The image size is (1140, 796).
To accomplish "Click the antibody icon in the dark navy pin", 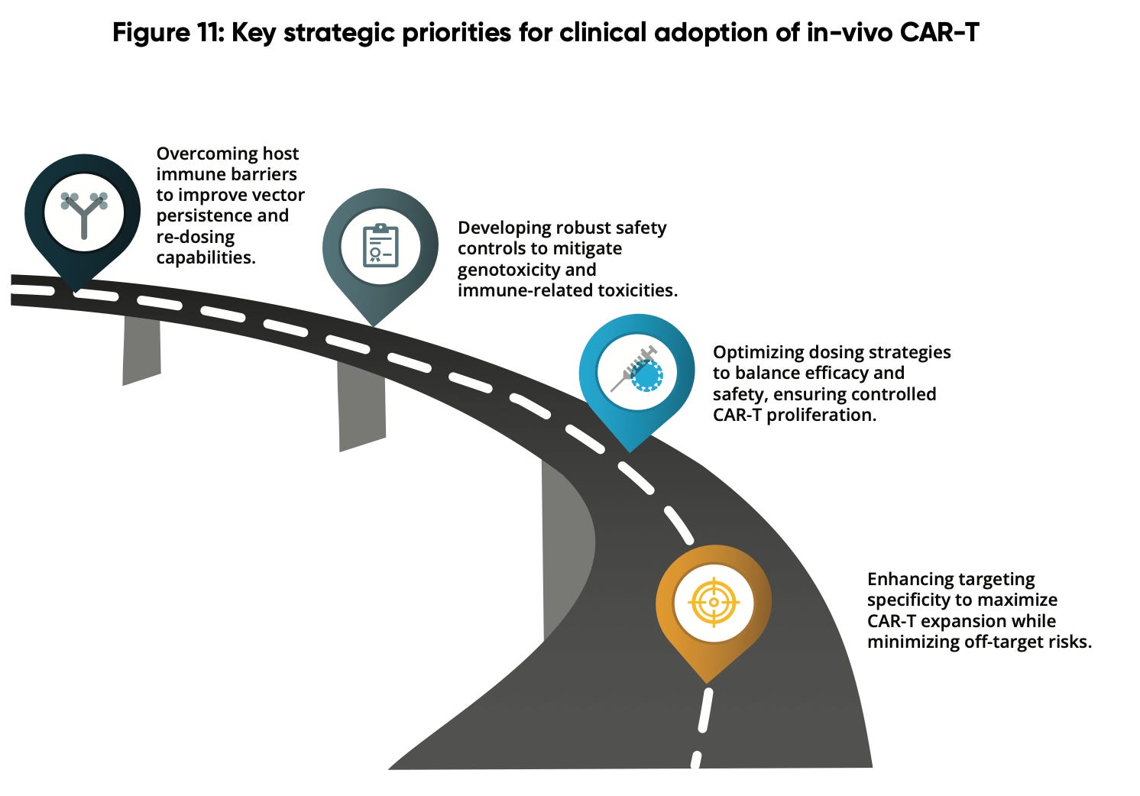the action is [84, 214].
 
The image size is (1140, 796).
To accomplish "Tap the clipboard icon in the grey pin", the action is [381, 246].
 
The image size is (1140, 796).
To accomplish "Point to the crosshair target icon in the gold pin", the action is [714, 602].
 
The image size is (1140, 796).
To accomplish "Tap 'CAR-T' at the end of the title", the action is [939, 33].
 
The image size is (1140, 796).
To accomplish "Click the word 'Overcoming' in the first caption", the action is [206, 154].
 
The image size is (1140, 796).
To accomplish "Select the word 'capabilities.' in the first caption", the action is [206, 257].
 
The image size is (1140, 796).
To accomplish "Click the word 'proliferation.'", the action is [821, 415].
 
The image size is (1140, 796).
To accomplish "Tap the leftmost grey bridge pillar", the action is [141, 350].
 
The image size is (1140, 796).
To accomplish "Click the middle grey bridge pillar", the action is [362, 406].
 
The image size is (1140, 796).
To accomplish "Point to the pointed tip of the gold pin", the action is [707, 683].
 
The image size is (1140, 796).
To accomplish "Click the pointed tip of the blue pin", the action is [630, 451].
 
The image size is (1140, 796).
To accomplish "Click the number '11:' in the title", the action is [210, 33].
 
